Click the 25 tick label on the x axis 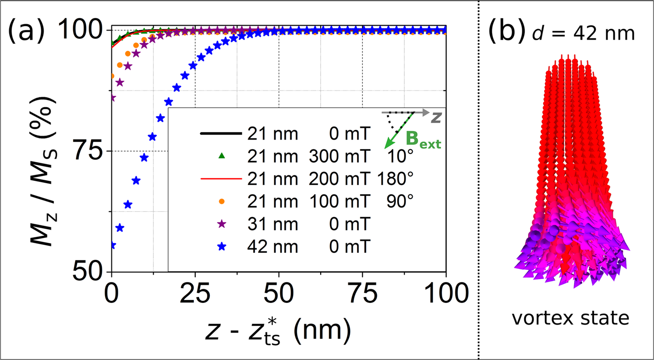coord(195,293)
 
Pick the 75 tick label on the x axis coord(362,293)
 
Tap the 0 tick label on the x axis coord(112,293)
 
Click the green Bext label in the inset coord(423,140)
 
